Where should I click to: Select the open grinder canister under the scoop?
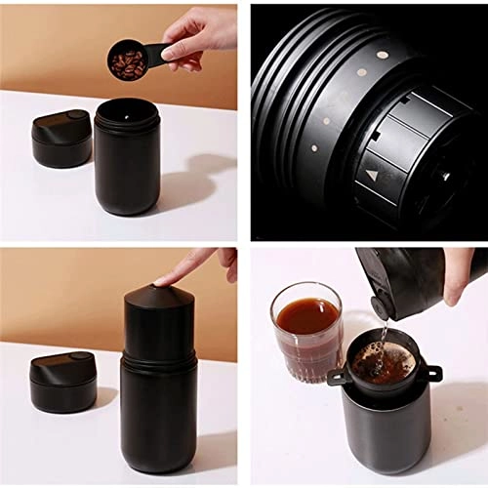(127, 156)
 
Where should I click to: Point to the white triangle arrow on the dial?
(372, 177)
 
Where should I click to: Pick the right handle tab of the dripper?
(432, 373)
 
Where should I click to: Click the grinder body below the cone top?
(157, 410)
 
